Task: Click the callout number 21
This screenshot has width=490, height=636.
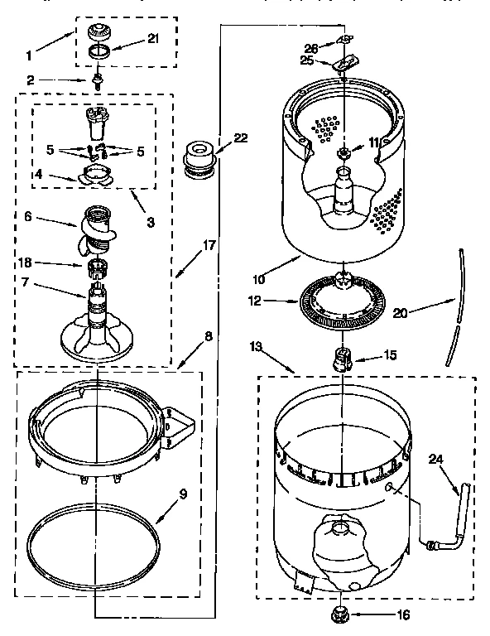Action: pyautogui.click(x=152, y=38)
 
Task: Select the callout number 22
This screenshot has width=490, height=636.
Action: pyautogui.click(x=240, y=138)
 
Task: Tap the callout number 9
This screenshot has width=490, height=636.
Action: pyautogui.click(x=184, y=494)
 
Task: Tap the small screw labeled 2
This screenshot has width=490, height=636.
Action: pyautogui.click(x=97, y=80)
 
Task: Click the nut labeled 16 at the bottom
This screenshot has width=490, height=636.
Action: pyautogui.click(x=339, y=614)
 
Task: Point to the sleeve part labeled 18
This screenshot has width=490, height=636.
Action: pyautogui.click(x=97, y=268)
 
